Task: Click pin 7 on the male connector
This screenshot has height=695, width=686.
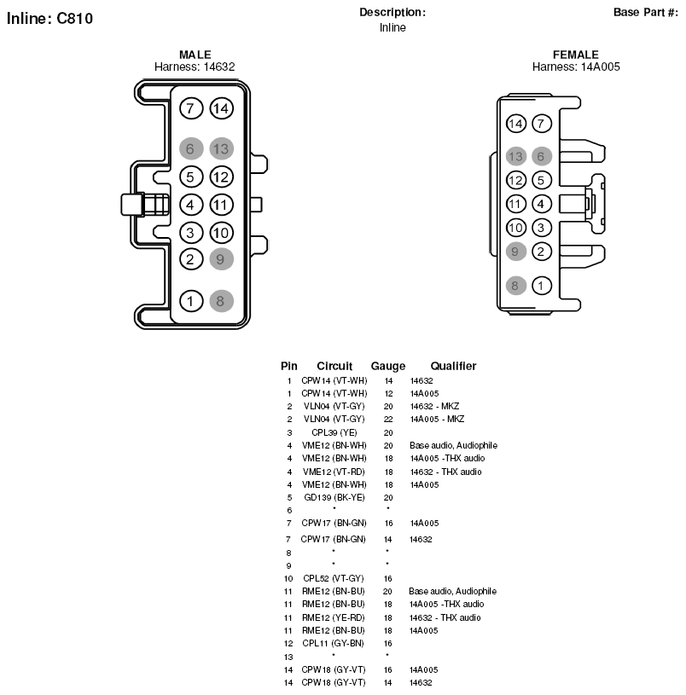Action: coord(191,108)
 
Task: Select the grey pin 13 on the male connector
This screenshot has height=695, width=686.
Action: coord(221,148)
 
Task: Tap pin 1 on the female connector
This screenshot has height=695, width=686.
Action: coord(542,286)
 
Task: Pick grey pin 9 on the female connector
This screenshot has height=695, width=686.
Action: coord(515,252)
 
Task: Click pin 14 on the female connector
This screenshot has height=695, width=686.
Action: coord(515,123)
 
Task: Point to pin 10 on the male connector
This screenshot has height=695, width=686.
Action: coord(221,233)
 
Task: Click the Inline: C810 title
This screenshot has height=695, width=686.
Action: coord(49,19)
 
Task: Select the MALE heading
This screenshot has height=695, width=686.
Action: coord(195,55)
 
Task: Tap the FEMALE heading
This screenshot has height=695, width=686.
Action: coord(576,55)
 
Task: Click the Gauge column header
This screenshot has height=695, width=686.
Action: coord(388,366)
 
